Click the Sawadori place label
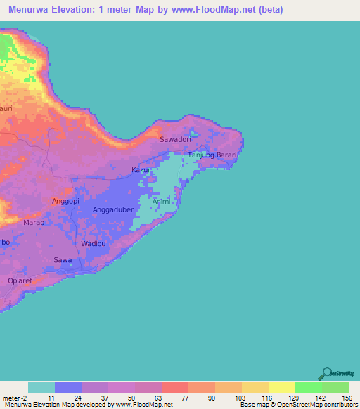tap(176, 140)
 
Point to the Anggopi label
tap(67, 201)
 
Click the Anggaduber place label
tap(113, 210)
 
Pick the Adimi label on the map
tap(162, 202)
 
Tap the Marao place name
tap(34, 222)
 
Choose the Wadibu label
tap(94, 243)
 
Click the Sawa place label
tap(63, 260)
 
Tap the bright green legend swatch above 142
tap(309, 387)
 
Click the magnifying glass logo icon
tap(326, 372)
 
